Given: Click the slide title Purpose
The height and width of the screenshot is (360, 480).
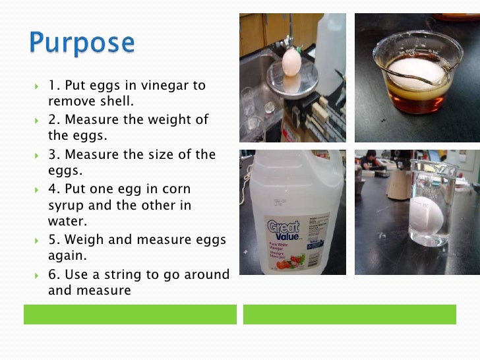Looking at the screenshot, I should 82,43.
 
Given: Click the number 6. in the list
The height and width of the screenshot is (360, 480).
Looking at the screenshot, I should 54,274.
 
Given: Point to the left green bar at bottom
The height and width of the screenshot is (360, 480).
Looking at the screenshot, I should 130,315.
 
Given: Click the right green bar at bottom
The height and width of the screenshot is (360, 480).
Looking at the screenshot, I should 349,315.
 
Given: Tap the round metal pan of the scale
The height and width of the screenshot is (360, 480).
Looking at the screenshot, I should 289,84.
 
